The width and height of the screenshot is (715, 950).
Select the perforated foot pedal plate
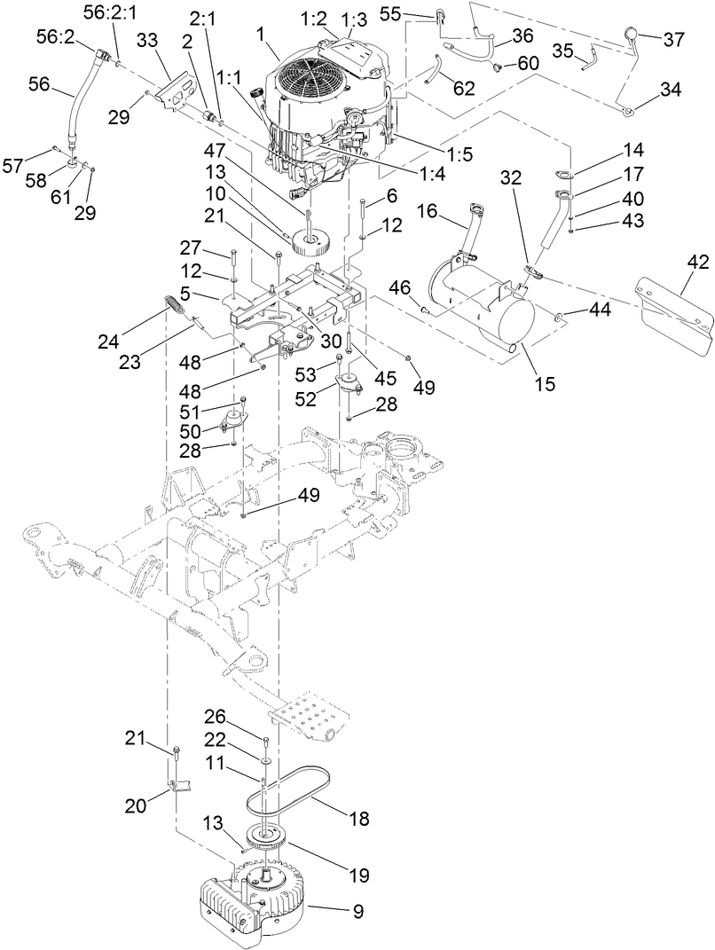pos(306,714)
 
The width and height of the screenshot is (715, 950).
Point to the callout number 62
pos(463,88)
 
